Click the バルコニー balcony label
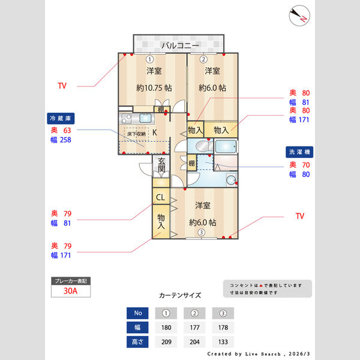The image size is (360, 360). coord(179,46)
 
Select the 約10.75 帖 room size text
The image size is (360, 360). coord(154,88)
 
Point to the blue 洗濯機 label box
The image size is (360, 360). coord(299,152)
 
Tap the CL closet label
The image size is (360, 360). coord(161,197)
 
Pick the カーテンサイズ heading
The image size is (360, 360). coord(180,296)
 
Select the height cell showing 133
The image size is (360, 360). coord(223,342)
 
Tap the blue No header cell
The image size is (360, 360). coord(137,313)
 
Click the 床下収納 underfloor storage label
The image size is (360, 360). coord(136,134)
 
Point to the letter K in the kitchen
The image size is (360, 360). coord(154,133)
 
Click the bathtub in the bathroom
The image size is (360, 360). coord(226,147)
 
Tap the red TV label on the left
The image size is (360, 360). coord(62,86)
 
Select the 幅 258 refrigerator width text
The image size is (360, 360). coord(61,140)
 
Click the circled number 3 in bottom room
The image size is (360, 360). coord(202,233)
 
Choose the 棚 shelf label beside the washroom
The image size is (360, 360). coord(191,163)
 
